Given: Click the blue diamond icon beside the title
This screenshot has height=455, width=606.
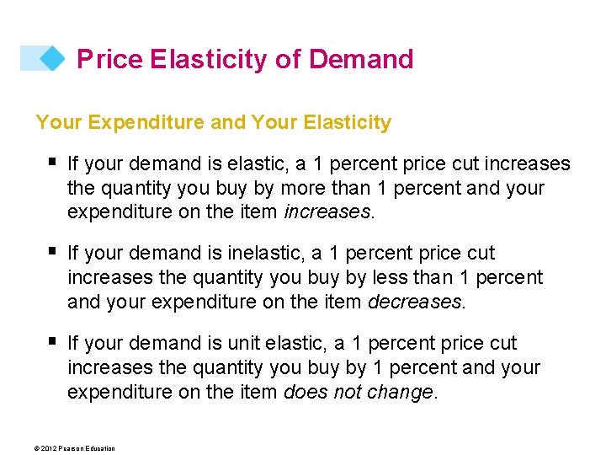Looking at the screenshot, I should pos(52,58).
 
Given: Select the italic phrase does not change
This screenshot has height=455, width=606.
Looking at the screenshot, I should pos(360,392).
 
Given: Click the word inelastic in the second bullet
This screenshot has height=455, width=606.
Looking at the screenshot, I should pos(244,254).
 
